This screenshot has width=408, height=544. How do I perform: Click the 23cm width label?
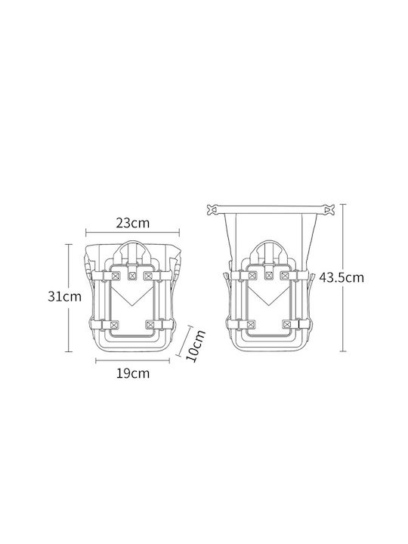(x=133, y=223)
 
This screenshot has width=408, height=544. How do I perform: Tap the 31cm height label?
(x=64, y=296)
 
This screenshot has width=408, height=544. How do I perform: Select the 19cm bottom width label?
(x=133, y=373)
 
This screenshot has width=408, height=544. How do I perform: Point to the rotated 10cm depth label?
(x=196, y=345)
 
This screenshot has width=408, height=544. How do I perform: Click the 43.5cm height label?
(x=342, y=277)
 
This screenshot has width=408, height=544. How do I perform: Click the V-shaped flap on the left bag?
(x=132, y=295)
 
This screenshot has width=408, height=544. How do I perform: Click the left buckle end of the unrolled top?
(x=213, y=209)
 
